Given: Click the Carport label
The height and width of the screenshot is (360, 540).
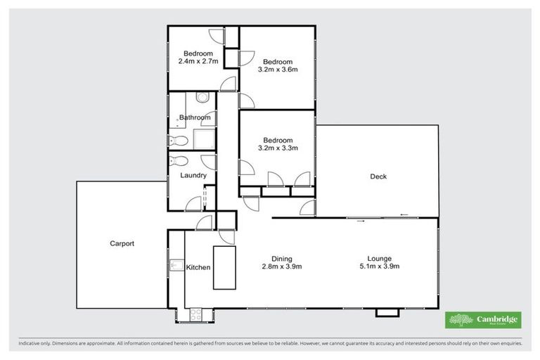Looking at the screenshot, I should point(122,244).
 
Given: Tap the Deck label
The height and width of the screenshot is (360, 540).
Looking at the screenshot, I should point(378,176).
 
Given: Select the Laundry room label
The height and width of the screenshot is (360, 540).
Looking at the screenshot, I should point(193,176).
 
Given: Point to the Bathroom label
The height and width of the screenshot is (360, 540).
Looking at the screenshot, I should point(194,117).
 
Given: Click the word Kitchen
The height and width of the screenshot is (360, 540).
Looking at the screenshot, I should point(198,267).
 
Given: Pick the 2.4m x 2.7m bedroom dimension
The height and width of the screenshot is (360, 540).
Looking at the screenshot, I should point(198,62).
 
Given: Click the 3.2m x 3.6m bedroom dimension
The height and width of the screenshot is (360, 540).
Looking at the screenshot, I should point(277,70).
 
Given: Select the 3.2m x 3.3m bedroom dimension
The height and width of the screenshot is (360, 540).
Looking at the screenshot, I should point(277,148).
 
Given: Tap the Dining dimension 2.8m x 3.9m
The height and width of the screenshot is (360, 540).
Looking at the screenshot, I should point(282,267).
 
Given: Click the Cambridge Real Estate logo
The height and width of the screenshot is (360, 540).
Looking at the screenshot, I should point(484,321).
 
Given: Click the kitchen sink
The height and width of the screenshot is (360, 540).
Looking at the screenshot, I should point(176,266).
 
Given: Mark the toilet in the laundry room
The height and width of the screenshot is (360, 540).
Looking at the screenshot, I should point(176,160).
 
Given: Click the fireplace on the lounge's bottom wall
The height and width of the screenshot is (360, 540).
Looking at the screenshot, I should point(385,312).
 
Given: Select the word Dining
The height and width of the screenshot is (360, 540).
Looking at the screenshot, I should point(282,259).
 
